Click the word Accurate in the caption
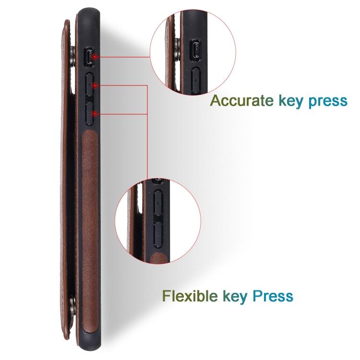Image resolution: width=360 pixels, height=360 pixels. click(242, 101)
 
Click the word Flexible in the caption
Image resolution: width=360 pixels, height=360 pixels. click(190, 296)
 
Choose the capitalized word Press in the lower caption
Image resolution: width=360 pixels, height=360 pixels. click(273, 296)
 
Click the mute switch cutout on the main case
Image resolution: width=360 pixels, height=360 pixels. click(89, 57)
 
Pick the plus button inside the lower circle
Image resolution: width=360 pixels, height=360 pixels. click(158, 203)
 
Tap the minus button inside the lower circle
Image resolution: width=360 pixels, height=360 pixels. click(158, 234)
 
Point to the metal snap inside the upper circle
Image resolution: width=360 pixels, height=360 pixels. click(176, 49)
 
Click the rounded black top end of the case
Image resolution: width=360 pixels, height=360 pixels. click(89, 17)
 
